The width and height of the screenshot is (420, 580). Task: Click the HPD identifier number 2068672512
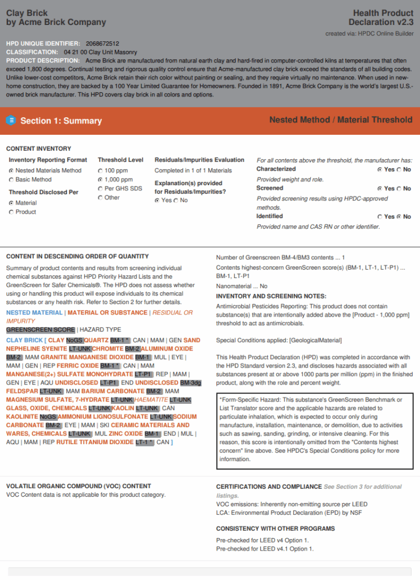pyautogui.click(x=104, y=43)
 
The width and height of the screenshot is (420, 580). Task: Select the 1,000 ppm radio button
pyautogui.click(x=101, y=180)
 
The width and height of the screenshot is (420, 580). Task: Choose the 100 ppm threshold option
pyautogui.click(x=101, y=170)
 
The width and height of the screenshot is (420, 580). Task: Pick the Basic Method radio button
pyautogui.click(x=11, y=180)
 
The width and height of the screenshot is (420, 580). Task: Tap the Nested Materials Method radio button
pyautogui.click(x=11, y=170)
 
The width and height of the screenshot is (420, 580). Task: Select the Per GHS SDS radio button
pyautogui.click(x=101, y=189)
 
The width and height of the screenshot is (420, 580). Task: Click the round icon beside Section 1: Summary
pyautogui.click(x=11, y=120)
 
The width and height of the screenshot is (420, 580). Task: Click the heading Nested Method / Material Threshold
pyautogui.click(x=341, y=120)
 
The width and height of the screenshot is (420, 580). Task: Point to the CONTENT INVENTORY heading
pyautogui.click(x=38, y=148)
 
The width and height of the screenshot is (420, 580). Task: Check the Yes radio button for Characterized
pyautogui.click(x=380, y=169)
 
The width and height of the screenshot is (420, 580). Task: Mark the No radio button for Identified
pyautogui.click(x=400, y=216)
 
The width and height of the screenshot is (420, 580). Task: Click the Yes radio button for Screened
pyautogui.click(x=380, y=189)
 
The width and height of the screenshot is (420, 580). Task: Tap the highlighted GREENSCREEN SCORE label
pyautogui.click(x=40, y=330)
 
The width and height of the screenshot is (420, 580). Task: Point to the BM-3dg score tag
pyautogui.click(x=191, y=383)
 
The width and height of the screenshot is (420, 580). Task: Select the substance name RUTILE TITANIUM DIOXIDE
pyautogui.click(x=95, y=442)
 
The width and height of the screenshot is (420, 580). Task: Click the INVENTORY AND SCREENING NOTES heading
pyautogui.click(x=271, y=296)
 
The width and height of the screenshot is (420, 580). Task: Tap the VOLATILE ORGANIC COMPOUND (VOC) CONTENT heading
pyautogui.click(x=79, y=486)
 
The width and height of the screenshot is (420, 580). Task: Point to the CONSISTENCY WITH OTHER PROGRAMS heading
pyautogui.click(x=276, y=528)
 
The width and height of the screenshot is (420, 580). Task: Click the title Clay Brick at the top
pyautogui.click(x=27, y=13)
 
